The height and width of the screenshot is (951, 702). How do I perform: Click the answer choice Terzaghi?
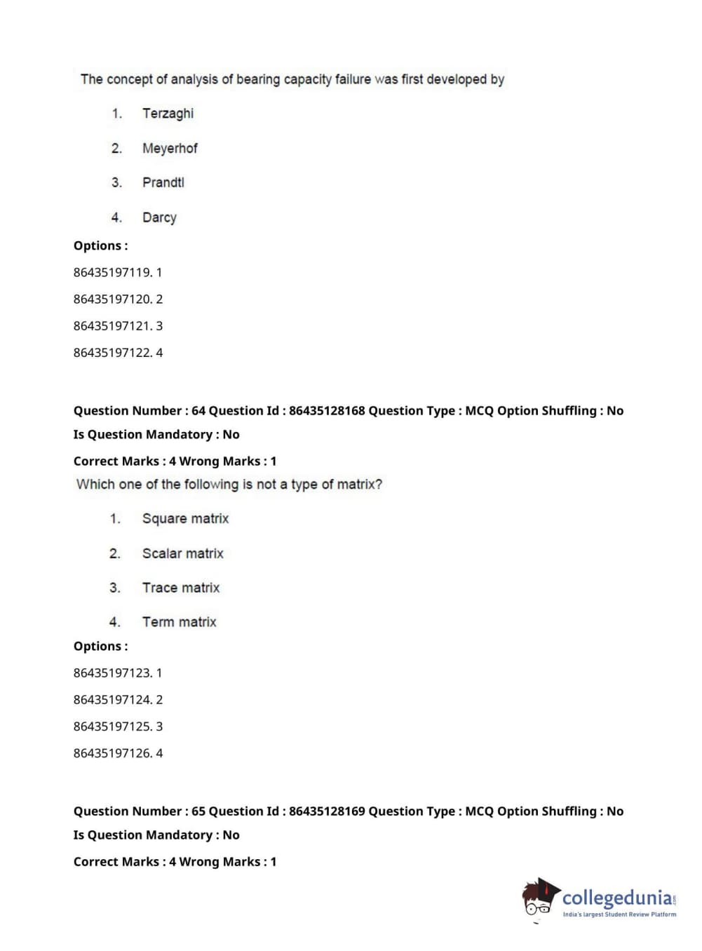168,114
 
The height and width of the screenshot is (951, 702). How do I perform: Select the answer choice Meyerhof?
170,149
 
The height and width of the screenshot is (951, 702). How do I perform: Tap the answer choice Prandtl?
163,182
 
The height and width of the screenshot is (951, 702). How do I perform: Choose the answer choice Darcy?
159,217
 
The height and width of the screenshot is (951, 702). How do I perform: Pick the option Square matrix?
185,519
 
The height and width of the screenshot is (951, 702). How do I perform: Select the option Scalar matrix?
182,553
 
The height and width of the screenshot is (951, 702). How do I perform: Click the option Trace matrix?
181,588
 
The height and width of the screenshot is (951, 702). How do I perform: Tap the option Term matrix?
179,622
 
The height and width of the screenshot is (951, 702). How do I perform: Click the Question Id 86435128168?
327,411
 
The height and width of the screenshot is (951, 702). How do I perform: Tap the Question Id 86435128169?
327,811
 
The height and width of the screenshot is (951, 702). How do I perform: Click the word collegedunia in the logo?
617,898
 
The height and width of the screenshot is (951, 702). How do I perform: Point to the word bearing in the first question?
258,80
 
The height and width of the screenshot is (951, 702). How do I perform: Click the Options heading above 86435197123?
100,647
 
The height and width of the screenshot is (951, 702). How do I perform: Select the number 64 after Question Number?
198,411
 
